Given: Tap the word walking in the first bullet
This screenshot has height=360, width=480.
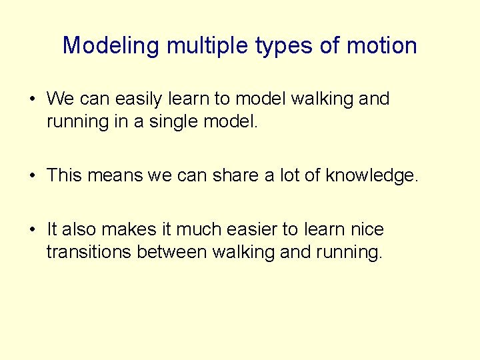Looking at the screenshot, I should (320, 99).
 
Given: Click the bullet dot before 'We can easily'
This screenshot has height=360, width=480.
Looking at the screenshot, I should (32, 100).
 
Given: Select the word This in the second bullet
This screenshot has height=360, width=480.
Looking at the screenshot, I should (65, 176).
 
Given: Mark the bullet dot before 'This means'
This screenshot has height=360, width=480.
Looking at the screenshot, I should (32, 177).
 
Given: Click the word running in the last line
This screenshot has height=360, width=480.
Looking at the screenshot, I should (348, 253).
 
